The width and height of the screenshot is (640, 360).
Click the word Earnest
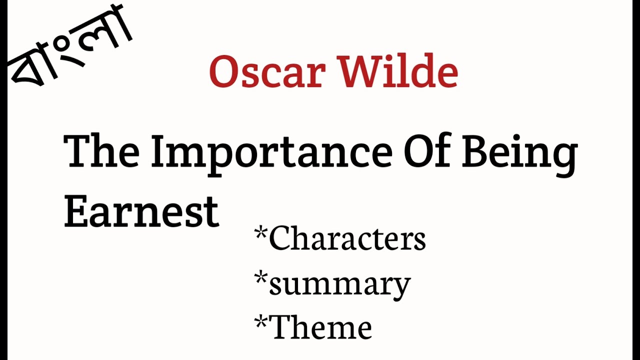click(141, 210)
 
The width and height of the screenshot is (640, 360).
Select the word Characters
click(347, 238)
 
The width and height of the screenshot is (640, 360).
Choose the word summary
click(340, 284)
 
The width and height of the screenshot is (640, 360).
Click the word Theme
click(320, 327)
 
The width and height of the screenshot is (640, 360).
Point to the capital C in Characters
click(281, 238)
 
